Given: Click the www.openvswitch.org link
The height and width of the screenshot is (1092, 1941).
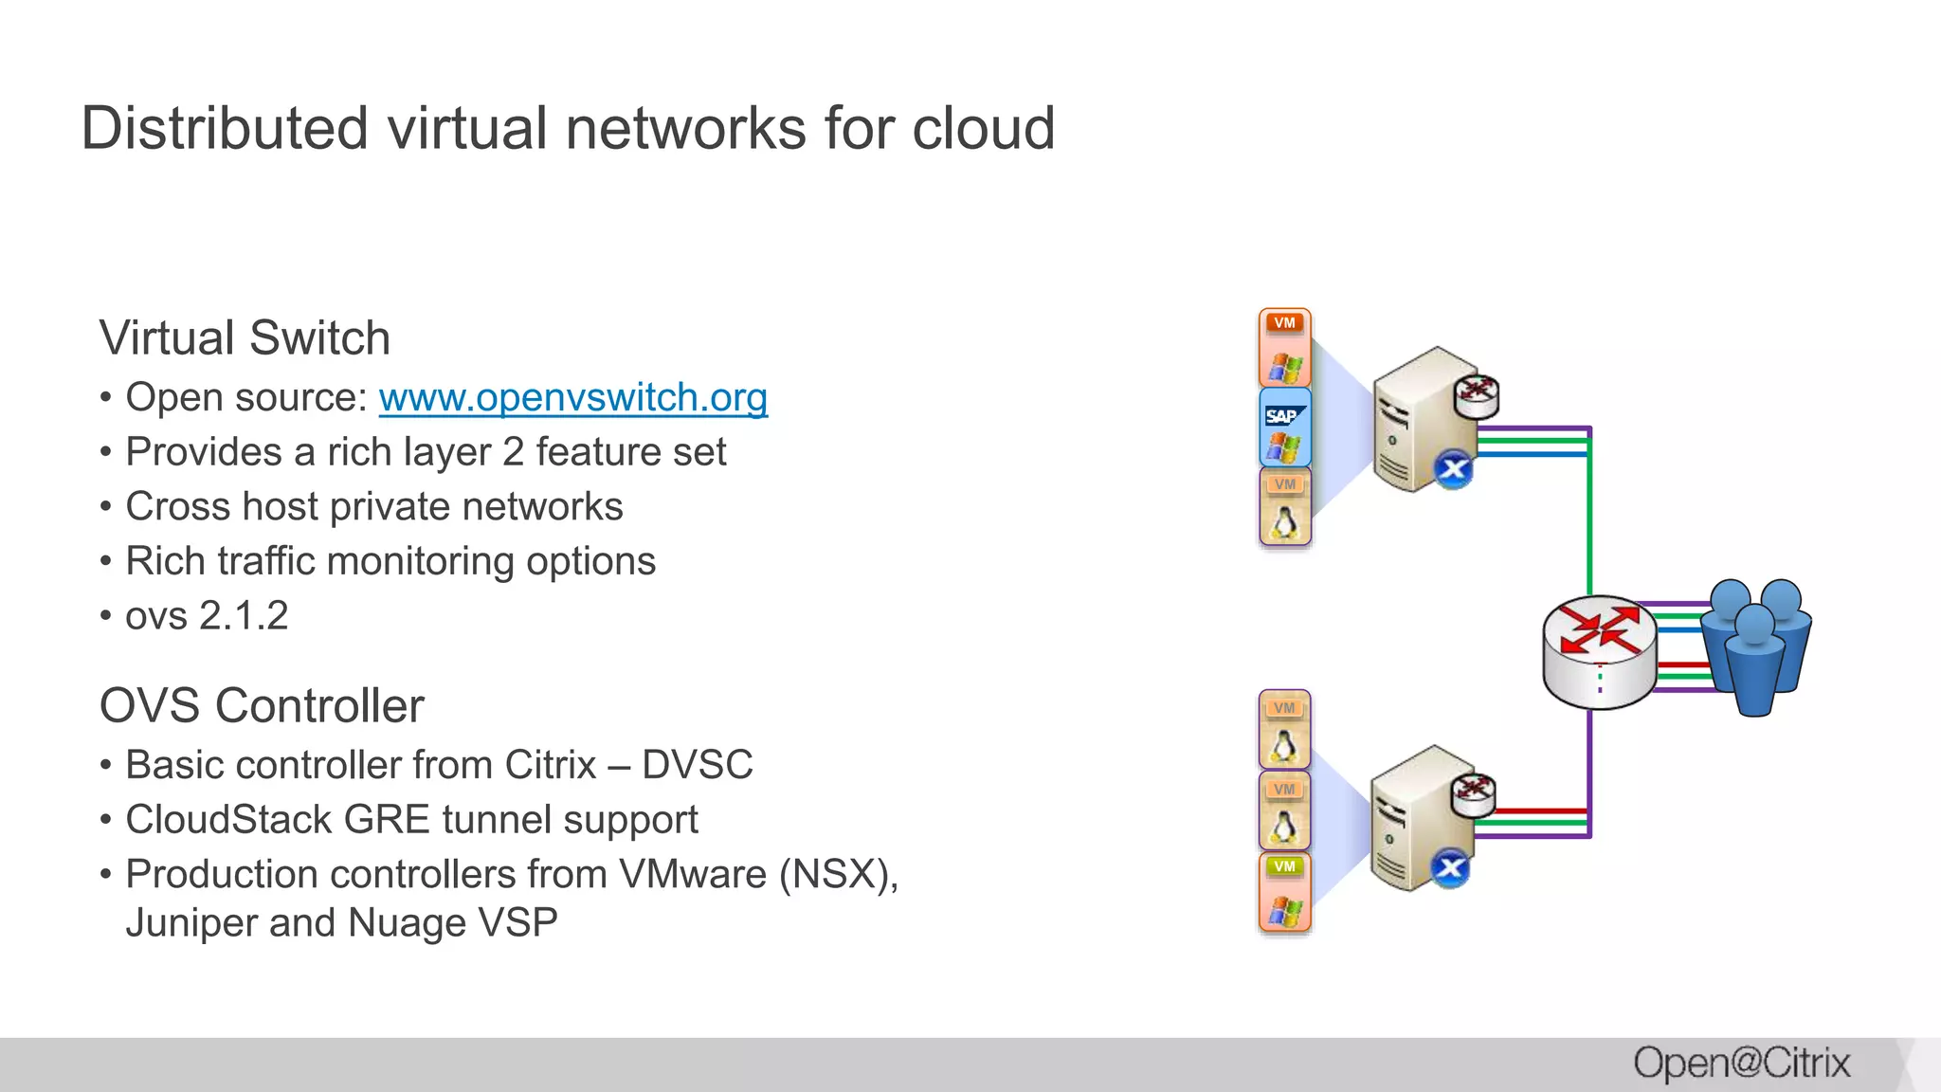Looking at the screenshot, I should coord(572,397).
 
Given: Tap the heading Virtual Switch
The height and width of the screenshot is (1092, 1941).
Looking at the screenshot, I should coord(245,338).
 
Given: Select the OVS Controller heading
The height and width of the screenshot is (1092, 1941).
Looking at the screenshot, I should coord(262,706).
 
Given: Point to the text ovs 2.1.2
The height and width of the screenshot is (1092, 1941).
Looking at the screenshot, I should coord(207,616).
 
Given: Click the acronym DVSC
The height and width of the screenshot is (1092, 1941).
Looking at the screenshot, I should coord(698,765).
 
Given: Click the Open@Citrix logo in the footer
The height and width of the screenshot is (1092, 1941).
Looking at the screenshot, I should coord(1741,1064).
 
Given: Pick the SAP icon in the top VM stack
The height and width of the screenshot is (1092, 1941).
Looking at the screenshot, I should coord(1284,416).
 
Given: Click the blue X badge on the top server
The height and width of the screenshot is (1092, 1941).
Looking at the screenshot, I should coord(1453,469).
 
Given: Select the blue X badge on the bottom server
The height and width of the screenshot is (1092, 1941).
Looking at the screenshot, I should coord(1450,868).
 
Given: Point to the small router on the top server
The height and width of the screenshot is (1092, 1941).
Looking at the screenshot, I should coord(1477,394).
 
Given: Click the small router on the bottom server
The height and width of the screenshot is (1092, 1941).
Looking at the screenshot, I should coord(1473,793).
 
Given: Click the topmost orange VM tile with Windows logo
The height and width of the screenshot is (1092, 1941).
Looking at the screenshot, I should coord(1284,347).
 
